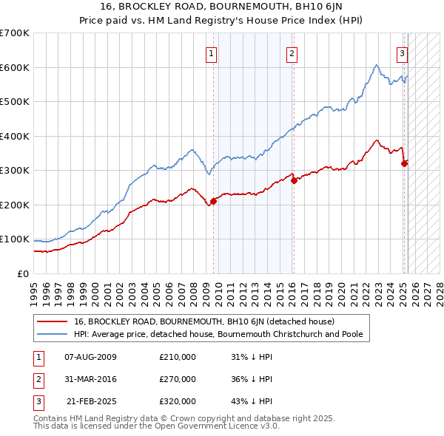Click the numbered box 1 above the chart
(212, 53)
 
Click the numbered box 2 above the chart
(292, 53)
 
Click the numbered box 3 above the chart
(402, 53)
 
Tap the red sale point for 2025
(404, 163)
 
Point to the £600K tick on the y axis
(15, 67)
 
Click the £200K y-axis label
(15, 205)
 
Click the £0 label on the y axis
(22, 273)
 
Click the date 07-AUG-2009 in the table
(91, 357)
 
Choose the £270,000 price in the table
(178, 379)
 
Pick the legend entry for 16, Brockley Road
(204, 321)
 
